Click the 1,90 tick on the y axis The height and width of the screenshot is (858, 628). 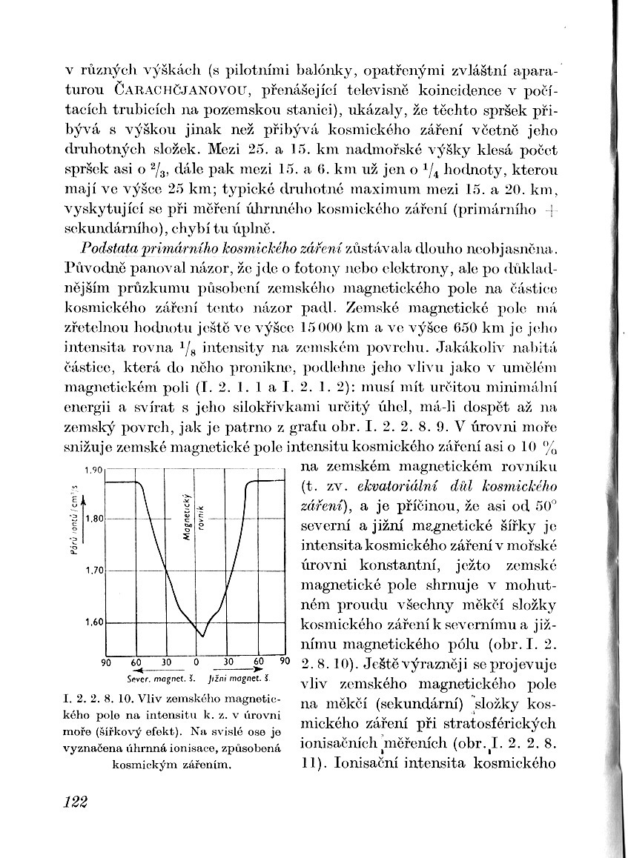tap(93, 470)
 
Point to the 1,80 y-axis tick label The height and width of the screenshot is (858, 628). tap(93, 519)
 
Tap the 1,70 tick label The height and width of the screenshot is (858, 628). tap(93, 571)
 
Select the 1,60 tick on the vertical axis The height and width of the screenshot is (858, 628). tap(93, 622)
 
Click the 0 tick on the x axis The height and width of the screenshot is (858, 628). tap(196, 661)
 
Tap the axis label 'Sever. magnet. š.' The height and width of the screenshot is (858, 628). tap(151, 678)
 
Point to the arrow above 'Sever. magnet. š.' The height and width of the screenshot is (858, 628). tap(148, 670)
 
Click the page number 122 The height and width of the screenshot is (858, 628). tap(73, 802)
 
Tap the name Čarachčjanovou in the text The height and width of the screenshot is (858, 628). tap(165, 91)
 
